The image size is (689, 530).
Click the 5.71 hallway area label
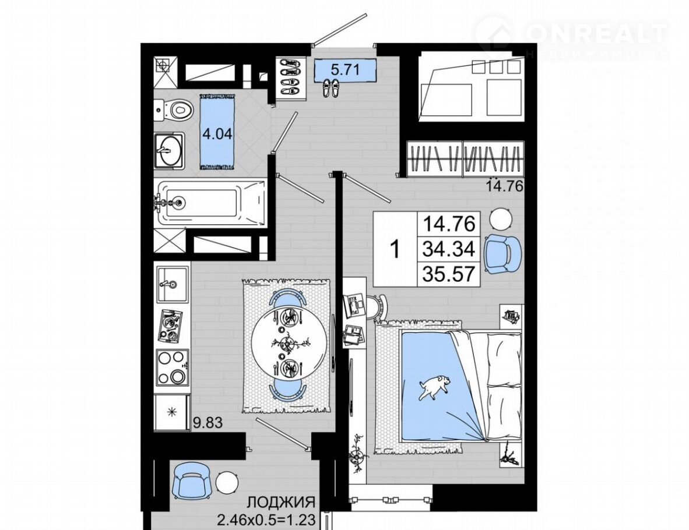(346, 69)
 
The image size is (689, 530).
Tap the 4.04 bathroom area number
(217, 133)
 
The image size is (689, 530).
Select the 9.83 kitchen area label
(208, 423)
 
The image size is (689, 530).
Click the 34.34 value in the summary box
(449, 249)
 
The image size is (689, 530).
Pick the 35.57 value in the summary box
(449, 274)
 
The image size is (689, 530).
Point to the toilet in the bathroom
(174, 109)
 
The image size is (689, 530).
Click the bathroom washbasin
(169, 151)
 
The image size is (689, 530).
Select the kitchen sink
(173, 283)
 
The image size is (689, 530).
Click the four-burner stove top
(173, 368)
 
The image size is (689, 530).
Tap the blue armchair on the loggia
(192, 481)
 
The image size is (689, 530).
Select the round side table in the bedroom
(501, 218)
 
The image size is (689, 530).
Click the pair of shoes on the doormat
(331, 88)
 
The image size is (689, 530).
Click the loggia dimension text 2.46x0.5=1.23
(267, 521)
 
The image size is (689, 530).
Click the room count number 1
(395, 249)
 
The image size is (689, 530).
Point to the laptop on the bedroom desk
(354, 305)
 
